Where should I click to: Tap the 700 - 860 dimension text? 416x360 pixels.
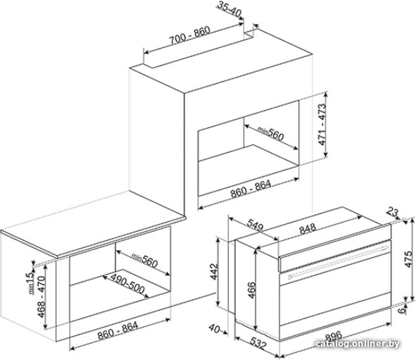pos(190,35)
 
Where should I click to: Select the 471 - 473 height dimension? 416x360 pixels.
pos(322,124)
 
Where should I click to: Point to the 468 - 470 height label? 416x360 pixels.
pos(41,297)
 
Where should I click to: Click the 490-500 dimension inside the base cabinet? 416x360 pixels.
pos(128,283)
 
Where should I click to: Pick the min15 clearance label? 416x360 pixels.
pos(30,281)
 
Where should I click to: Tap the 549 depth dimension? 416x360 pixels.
pos(255,225)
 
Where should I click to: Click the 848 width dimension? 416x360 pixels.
pos(308,229)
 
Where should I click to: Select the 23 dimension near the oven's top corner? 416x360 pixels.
pos(393,212)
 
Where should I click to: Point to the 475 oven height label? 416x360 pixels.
pos(409,260)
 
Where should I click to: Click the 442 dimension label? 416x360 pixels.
pos(214,271)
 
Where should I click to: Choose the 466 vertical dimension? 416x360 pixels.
pos(251,290)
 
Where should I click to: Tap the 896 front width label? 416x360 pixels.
pos(334,337)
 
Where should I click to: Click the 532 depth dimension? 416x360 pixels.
pos(257,343)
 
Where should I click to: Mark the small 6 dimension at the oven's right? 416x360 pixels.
pos(403,310)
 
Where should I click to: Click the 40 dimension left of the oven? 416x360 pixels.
pos(214,328)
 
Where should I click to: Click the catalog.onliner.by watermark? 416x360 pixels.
pos(358,344)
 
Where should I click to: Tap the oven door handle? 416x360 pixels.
pos(339,262)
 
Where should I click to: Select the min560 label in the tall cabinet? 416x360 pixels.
pos(270,133)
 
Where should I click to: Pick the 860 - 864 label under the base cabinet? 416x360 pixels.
pos(118,331)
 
